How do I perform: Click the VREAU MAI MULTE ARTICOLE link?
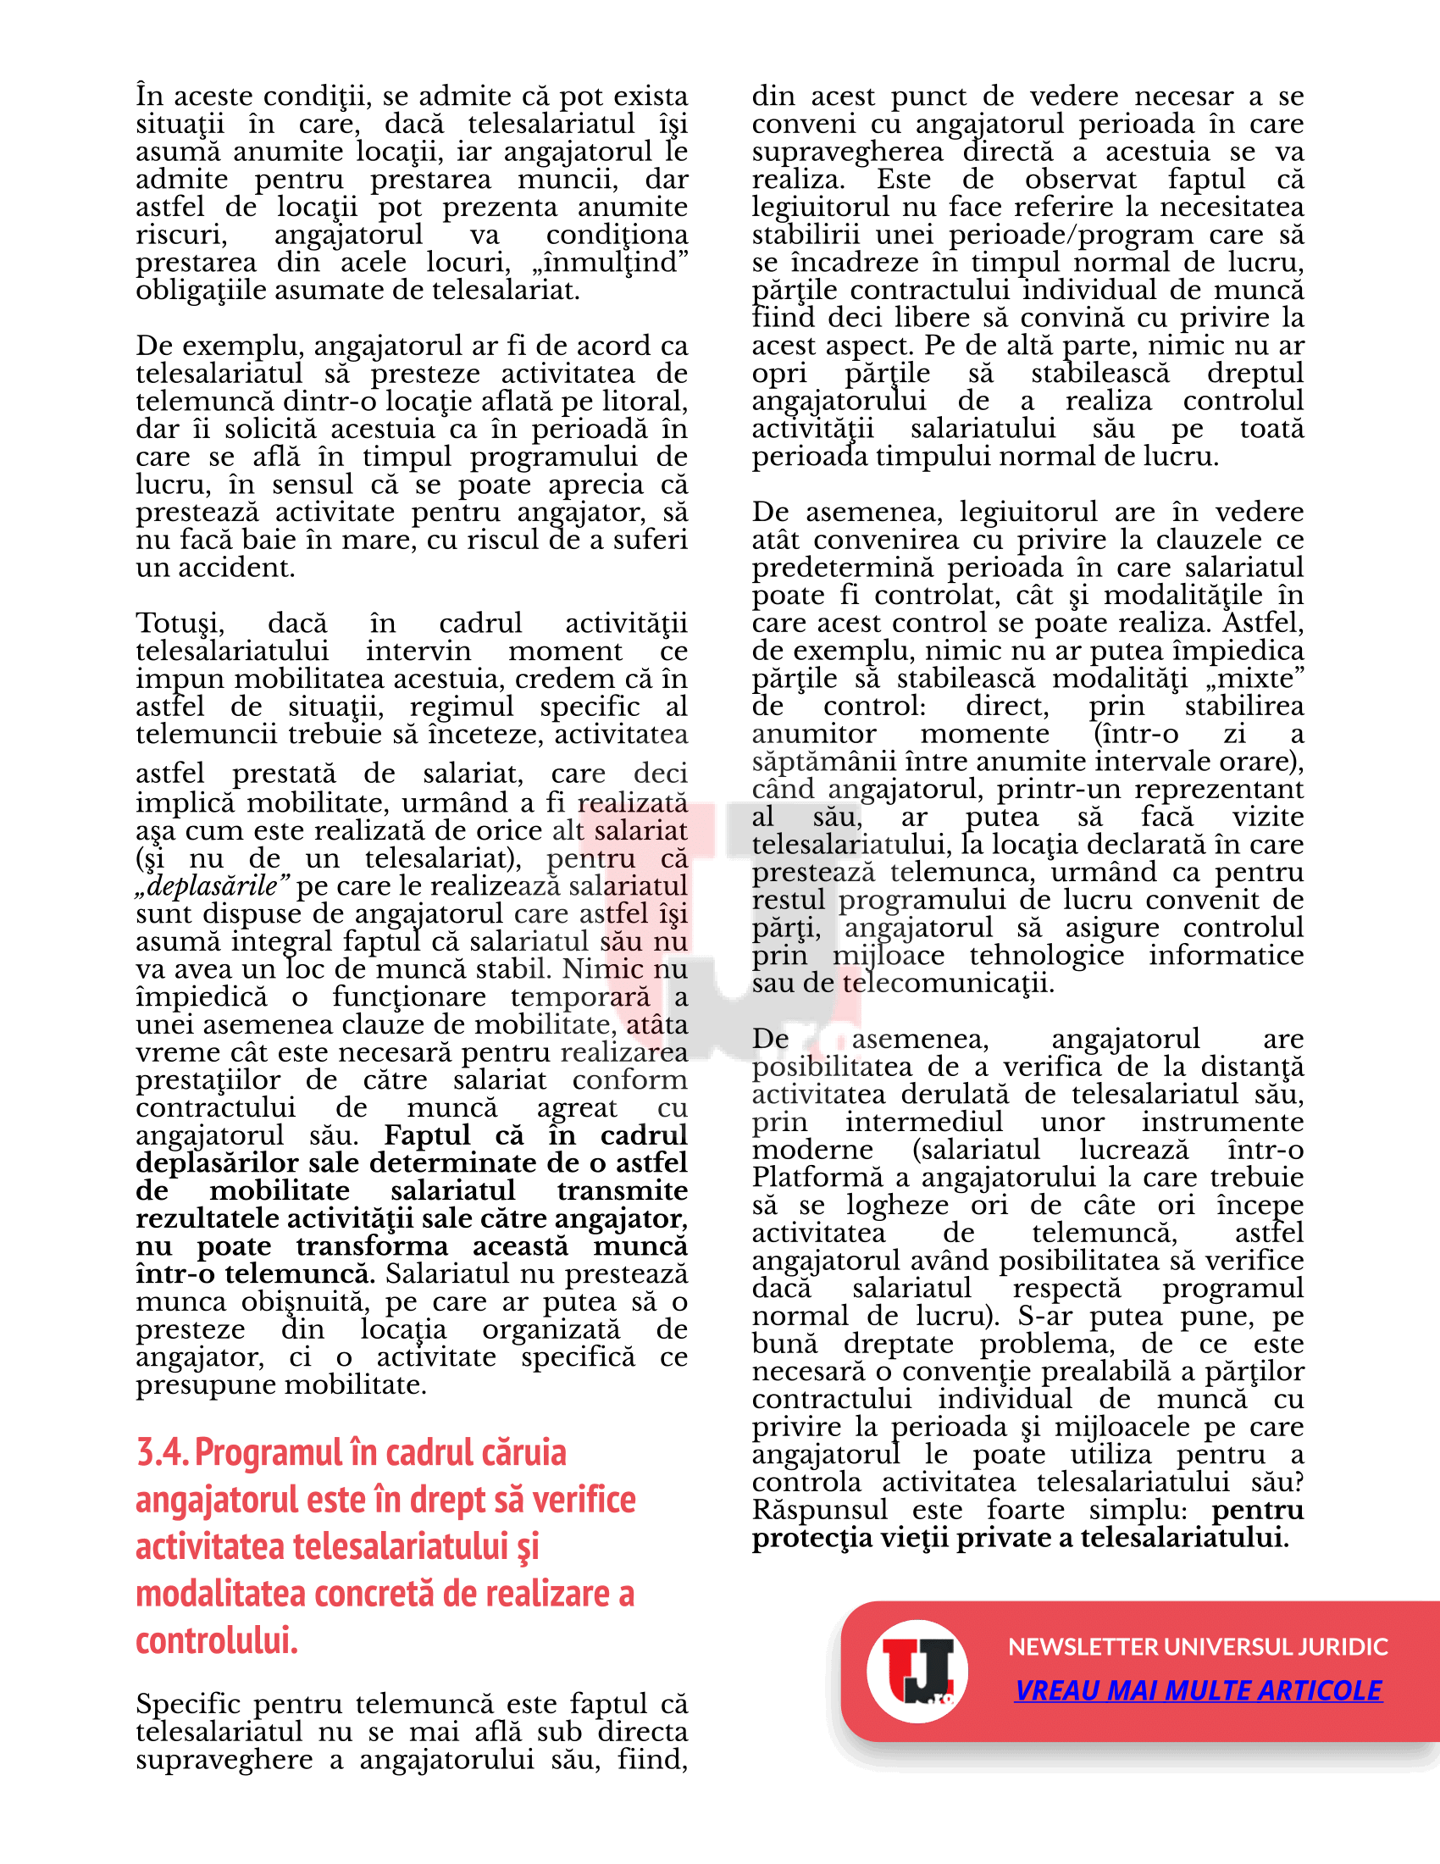coord(1198,1690)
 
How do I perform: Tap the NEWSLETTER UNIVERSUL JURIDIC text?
coord(1198,1646)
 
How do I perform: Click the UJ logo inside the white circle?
coord(917,1670)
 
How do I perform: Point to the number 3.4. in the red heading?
coord(162,1453)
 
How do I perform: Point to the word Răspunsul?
coord(820,1510)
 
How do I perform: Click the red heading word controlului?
coord(217,1640)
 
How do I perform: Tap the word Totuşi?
coord(180,623)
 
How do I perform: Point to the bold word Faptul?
coord(427,1136)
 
